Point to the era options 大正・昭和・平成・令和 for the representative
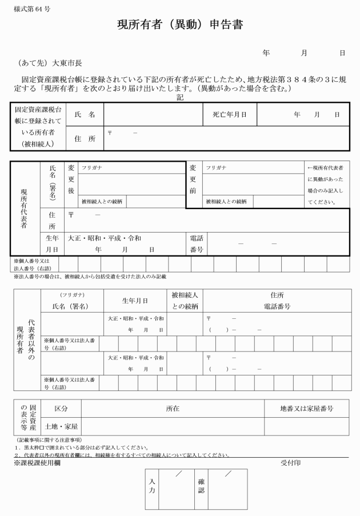[105, 238]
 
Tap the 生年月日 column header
[135, 301]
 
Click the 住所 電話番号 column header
[277, 301]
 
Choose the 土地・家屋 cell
[61, 427]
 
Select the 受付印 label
[291, 462]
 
